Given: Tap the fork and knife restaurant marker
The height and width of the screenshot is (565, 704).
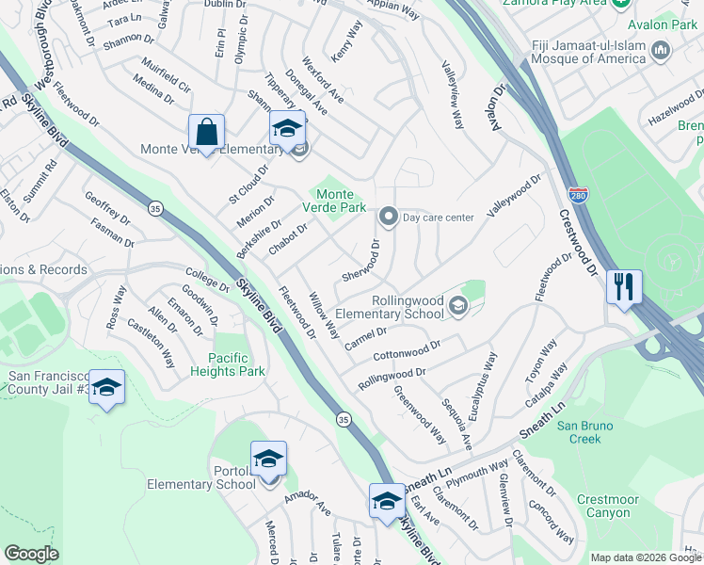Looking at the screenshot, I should pos(624,285).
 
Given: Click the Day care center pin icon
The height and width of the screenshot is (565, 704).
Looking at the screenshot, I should pos(387,218).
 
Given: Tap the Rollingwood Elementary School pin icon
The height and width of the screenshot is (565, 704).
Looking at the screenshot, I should pos(457,305).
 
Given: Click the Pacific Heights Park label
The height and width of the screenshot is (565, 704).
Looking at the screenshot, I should pos(236,364).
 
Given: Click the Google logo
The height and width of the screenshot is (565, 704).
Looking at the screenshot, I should pos(31,554).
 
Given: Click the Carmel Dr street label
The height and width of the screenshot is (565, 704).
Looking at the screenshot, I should pos(365,336).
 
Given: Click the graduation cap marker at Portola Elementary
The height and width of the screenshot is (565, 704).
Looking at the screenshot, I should pos(268,459).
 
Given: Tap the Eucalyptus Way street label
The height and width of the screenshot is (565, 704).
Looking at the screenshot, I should pos(488,379).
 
